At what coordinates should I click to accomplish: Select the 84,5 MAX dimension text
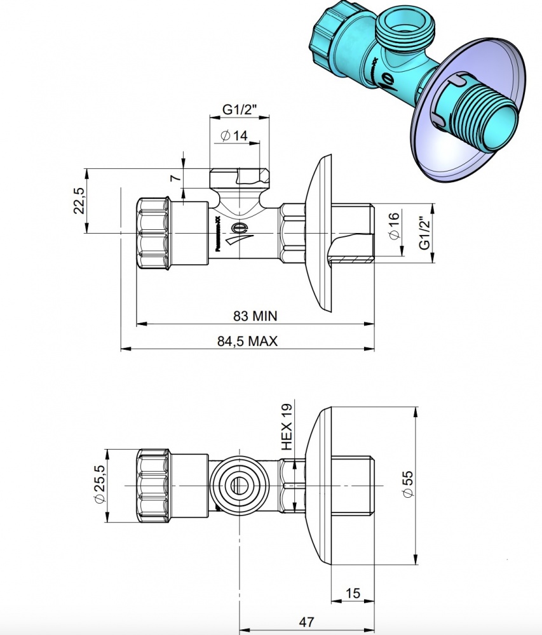pos(247,341)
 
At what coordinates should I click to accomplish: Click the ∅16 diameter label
pos(393,225)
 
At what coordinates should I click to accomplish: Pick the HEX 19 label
pos(287,427)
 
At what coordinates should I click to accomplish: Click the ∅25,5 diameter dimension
pos(100,485)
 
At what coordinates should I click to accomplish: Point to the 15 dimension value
pos(353,593)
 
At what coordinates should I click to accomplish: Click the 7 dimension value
pos(175,178)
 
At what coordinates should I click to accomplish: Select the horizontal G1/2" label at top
pos(239,109)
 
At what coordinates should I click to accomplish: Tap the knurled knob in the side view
pos(152,233)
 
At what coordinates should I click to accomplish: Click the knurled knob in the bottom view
pos(152,486)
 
